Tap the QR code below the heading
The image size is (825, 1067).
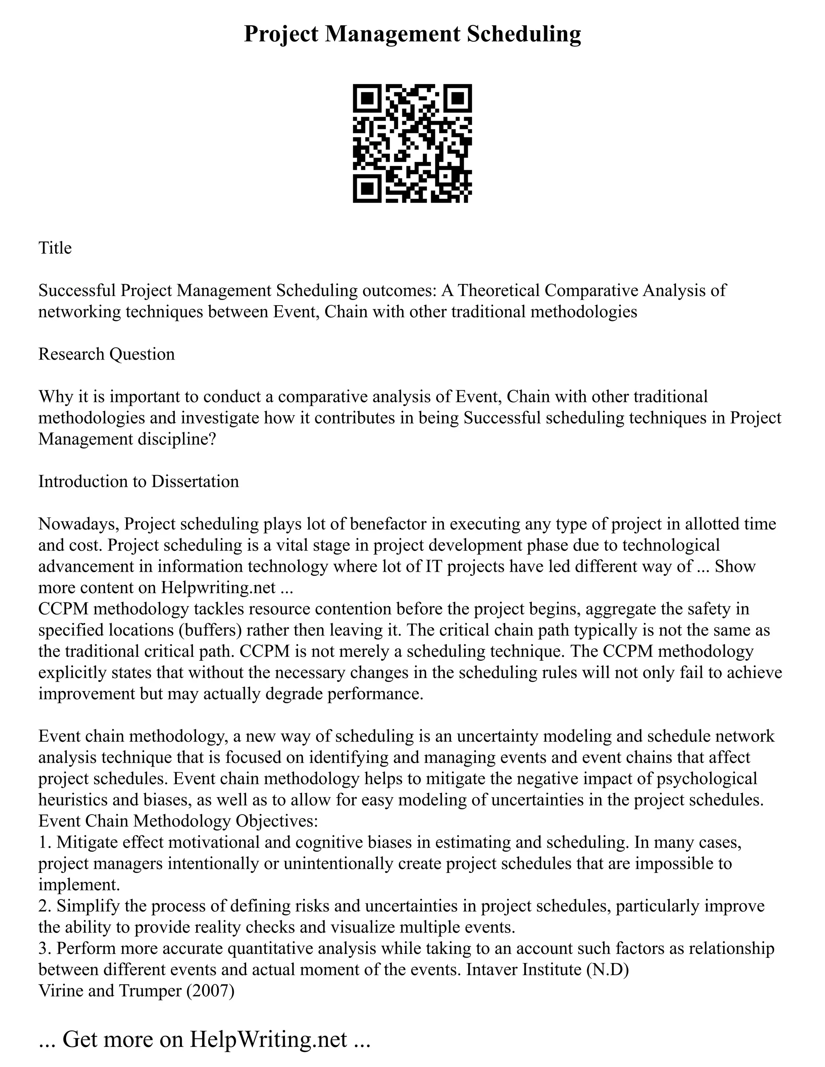tap(412, 143)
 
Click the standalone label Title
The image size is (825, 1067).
tap(55, 248)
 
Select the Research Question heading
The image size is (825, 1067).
tap(106, 354)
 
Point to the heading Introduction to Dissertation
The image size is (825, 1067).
tap(139, 481)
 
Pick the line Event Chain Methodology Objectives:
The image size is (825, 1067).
tap(178, 821)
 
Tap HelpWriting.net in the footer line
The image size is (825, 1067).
tap(268, 1040)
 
